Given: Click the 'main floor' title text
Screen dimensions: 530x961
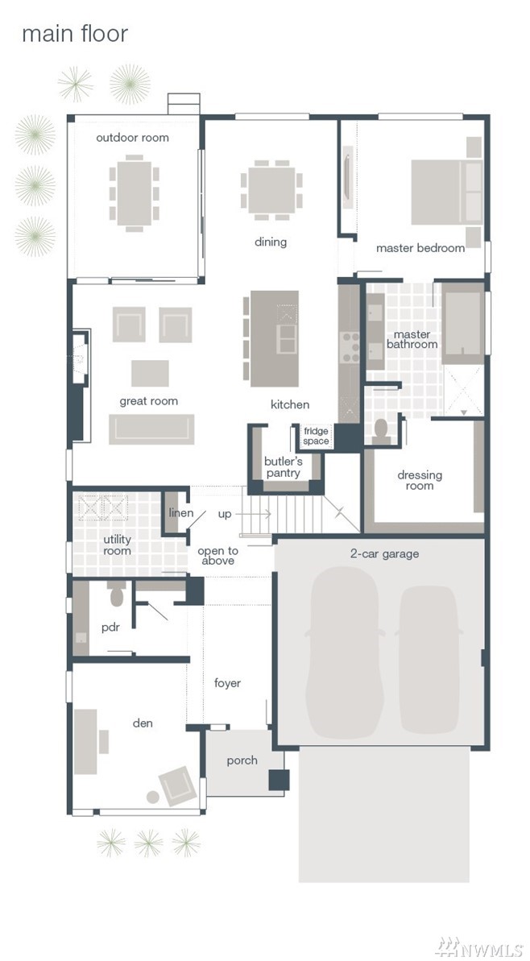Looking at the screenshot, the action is pos(75,34).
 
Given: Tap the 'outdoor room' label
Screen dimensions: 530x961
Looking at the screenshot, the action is pos(132,137).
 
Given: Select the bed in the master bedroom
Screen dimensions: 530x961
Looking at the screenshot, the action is pos(446,192).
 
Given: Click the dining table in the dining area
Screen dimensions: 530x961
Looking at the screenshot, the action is pos(270,190).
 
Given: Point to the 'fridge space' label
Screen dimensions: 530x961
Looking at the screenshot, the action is pos(317,436).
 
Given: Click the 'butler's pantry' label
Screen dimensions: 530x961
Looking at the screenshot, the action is pos(283,466).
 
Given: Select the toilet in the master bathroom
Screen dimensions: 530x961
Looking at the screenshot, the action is pos(381,432).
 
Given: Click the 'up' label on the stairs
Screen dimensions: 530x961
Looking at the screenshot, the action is pos(225,514).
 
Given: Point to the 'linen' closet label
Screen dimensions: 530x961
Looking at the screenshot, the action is pos(181,512).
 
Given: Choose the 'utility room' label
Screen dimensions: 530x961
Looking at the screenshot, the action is pos(117,545).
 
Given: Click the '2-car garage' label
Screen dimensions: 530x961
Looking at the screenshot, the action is pos(385,554).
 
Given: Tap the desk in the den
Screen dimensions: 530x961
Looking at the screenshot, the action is pos(85,742).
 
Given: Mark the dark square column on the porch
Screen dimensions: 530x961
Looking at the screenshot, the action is pos(279,780).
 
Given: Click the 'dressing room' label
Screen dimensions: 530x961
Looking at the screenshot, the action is pos(420,480).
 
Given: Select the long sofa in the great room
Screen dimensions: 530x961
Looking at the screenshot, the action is pos(151,429).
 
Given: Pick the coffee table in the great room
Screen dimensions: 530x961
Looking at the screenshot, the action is pos(150,373).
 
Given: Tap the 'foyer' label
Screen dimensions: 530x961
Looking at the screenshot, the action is pos(227,683).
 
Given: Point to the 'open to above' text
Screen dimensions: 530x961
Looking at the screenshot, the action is pos(217,555).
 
